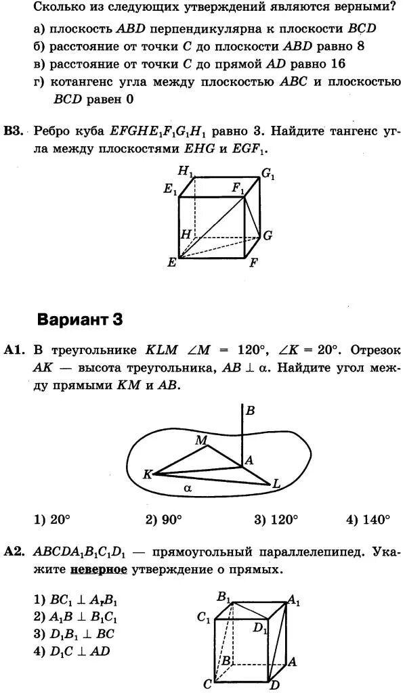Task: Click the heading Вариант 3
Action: pyautogui.click(x=80, y=319)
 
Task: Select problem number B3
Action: pyautogui.click(x=14, y=130)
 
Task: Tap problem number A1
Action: pyautogui.click(x=14, y=351)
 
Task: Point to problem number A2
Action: pyautogui.click(x=14, y=552)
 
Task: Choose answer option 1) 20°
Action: pyautogui.click(x=52, y=520)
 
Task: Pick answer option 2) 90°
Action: pyautogui.click(x=164, y=520)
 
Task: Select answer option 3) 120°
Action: pyautogui.click(x=276, y=520)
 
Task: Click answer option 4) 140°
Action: pyautogui.click(x=368, y=520)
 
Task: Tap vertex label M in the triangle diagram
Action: pyautogui.click(x=201, y=441)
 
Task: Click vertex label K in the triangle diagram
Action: pyautogui.click(x=147, y=474)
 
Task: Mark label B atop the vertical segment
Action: pyautogui.click(x=250, y=411)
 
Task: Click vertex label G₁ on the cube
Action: pyautogui.click(x=268, y=175)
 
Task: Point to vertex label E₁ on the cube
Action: pyautogui.click(x=169, y=190)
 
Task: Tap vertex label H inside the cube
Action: pyautogui.click(x=185, y=234)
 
